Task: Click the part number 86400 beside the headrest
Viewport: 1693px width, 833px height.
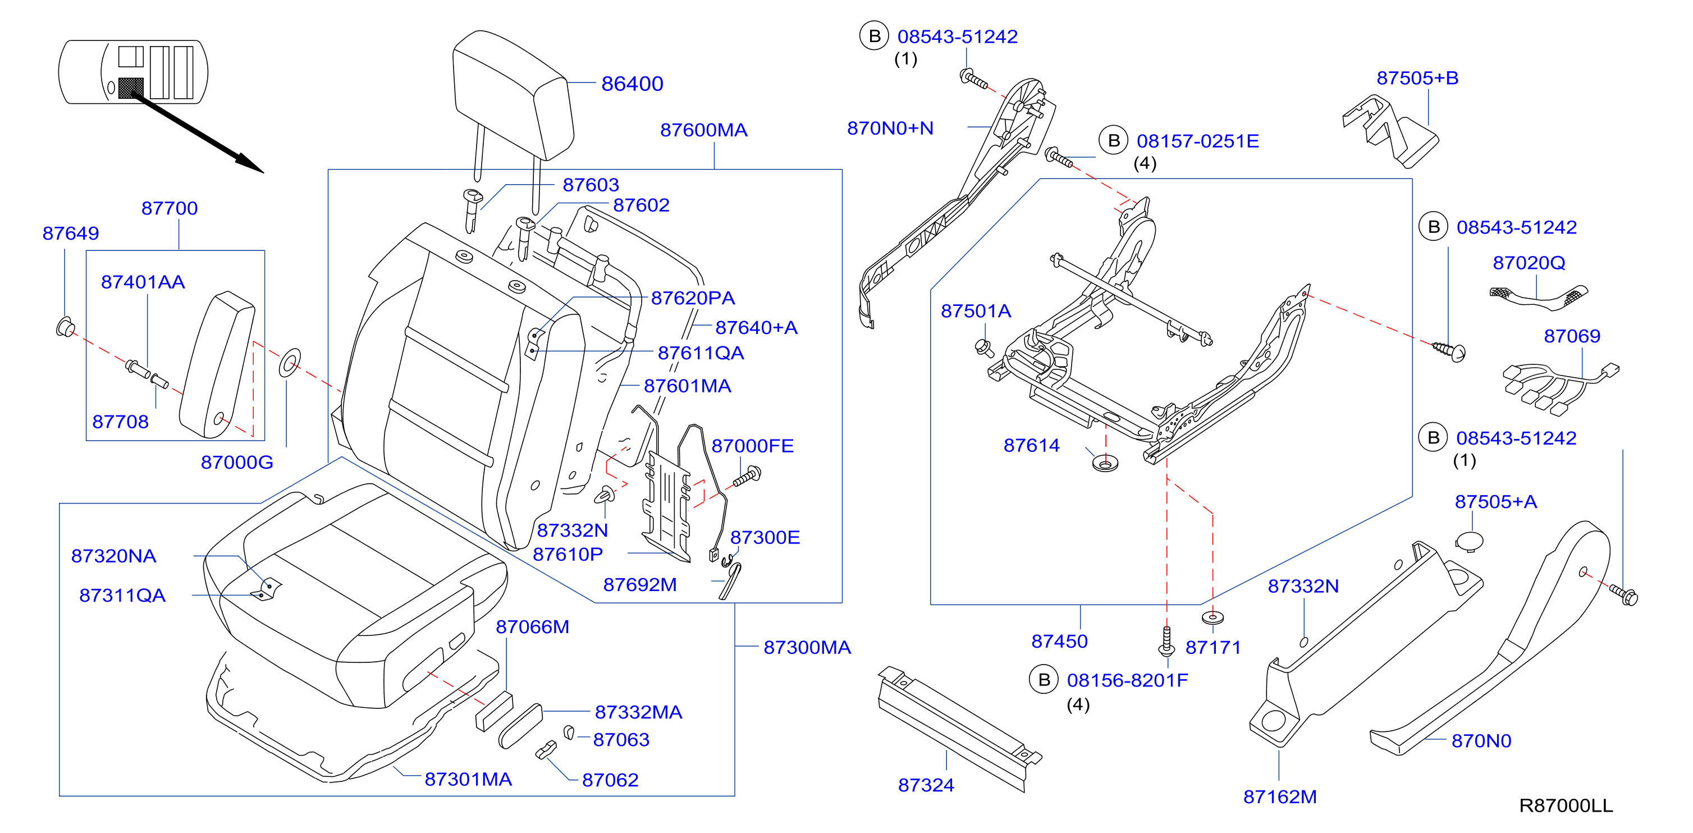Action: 632,84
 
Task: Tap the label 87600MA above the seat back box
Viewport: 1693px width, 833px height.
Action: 704,130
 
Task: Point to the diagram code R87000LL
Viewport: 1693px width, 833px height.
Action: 1566,805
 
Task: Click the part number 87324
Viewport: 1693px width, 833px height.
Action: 926,785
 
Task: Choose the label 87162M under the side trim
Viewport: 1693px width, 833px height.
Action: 1280,797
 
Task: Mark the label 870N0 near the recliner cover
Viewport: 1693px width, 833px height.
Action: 1481,741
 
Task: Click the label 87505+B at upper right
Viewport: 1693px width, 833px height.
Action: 1417,77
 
